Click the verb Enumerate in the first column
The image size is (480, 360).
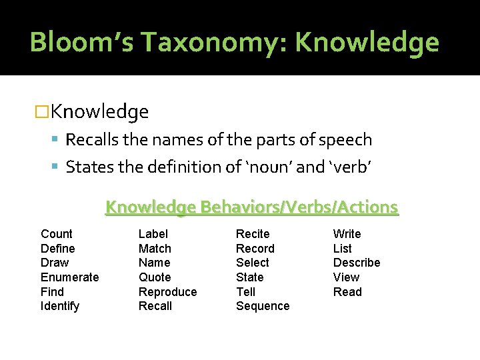pos(69,277)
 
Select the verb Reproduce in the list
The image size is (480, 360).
pos(167,292)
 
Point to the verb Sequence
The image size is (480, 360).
pos(263,307)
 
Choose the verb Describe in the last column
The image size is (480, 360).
pos(357,263)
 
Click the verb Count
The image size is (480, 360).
pos(57,234)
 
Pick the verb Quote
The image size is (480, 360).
pos(155,277)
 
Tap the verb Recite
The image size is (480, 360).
pos(253,234)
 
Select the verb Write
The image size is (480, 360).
pos(347,234)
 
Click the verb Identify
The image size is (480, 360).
pos(60,307)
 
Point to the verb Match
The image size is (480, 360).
pos(155,249)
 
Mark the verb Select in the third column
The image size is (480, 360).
pos(253,263)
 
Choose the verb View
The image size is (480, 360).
pos(346,277)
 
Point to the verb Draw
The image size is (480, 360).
pos(55,263)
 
